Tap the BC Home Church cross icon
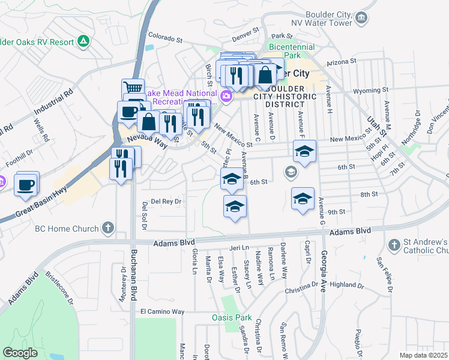click(x=107, y=228)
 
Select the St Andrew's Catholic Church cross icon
click(x=394, y=245)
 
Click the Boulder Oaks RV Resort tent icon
click(x=83, y=41)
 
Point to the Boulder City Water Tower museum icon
click(x=362, y=18)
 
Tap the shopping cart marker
click(x=133, y=88)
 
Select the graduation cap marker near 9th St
click(x=303, y=199)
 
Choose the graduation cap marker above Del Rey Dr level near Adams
click(x=235, y=207)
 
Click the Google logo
click(x=20, y=353)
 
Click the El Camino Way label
click(x=162, y=312)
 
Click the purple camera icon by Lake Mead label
click(x=226, y=95)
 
